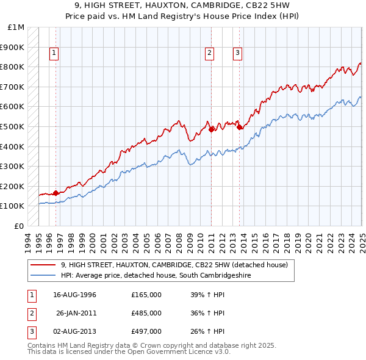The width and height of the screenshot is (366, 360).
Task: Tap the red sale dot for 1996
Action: pos(56,193)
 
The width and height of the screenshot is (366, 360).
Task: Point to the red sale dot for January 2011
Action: pos(212,129)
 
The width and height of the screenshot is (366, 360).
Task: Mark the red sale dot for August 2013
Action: pos(240,127)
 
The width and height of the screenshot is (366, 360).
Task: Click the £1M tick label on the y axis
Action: pos(16,27)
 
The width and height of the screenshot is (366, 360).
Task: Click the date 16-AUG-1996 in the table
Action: pos(75,295)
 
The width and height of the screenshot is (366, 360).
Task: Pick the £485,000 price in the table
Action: pos(146,313)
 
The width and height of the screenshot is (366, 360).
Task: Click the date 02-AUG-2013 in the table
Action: pos(75,331)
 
